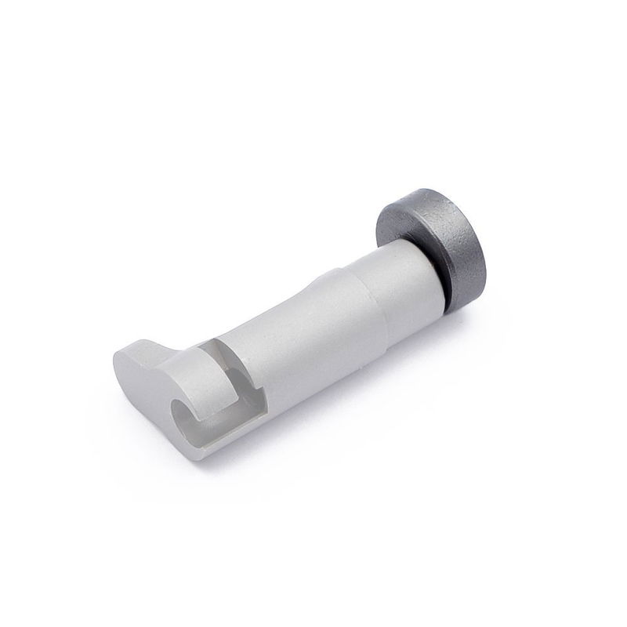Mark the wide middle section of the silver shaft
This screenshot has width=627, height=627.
[x=313, y=329]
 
